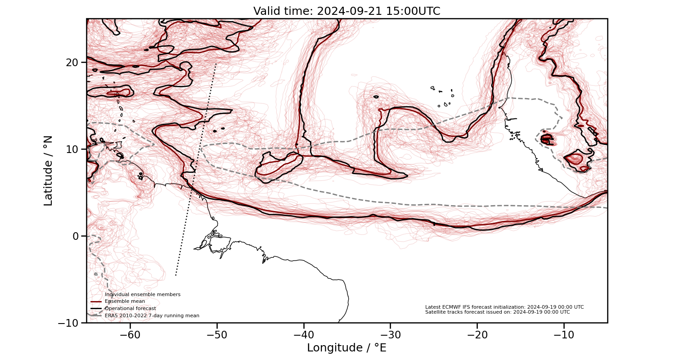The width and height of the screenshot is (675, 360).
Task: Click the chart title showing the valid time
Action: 346,11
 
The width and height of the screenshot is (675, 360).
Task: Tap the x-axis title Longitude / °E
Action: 346,348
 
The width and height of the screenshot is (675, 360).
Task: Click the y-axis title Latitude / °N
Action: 48,171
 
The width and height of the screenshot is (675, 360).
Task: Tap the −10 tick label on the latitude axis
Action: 70,323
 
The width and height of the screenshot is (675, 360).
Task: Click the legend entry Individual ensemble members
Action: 142,294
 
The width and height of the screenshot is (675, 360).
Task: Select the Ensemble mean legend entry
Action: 125,301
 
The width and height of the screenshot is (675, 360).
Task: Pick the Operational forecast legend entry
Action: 130,308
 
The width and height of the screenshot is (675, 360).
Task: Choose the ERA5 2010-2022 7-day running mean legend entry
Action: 152,315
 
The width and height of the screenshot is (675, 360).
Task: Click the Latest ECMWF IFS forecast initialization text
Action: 504,307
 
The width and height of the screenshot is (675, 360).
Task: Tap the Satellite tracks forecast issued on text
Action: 497,312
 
